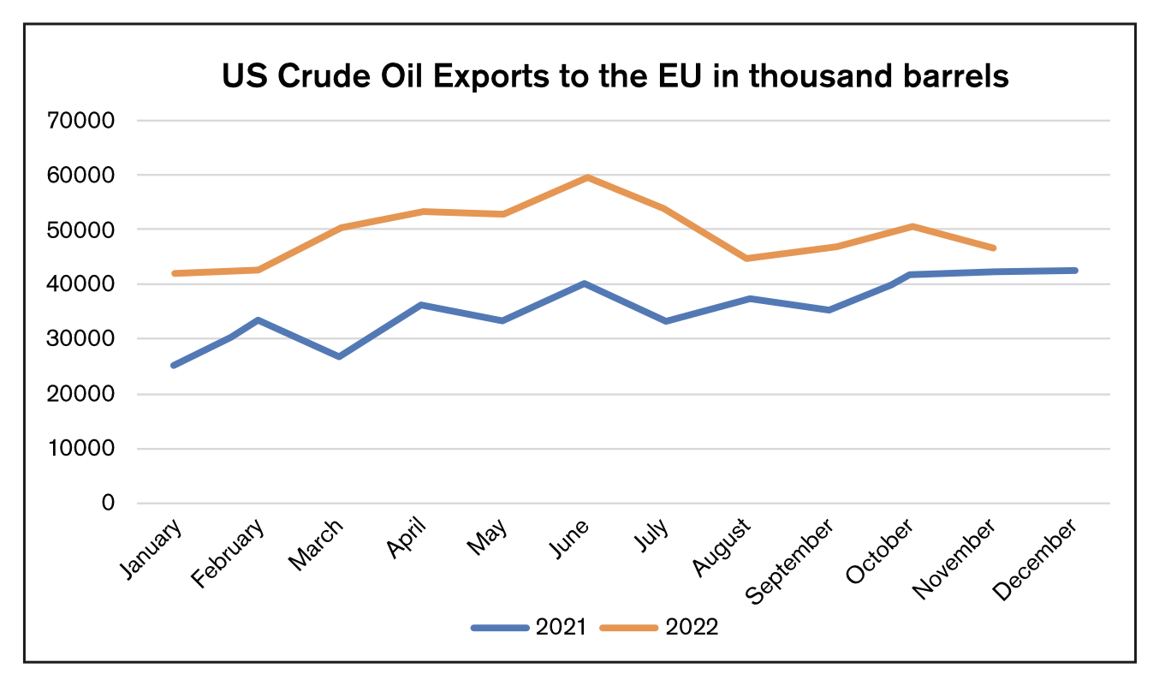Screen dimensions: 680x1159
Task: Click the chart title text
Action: point(615,77)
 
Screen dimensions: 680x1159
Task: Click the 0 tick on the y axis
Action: point(107,503)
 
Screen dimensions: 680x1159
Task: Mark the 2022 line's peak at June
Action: point(586,177)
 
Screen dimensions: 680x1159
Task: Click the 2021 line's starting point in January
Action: point(174,366)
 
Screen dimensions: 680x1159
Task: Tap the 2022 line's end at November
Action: point(993,248)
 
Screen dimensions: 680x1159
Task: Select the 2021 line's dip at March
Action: point(339,356)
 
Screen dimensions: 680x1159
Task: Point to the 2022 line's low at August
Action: point(746,258)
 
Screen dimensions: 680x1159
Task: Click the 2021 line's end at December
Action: point(1075,271)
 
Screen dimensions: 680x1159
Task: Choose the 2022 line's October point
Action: point(912,227)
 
